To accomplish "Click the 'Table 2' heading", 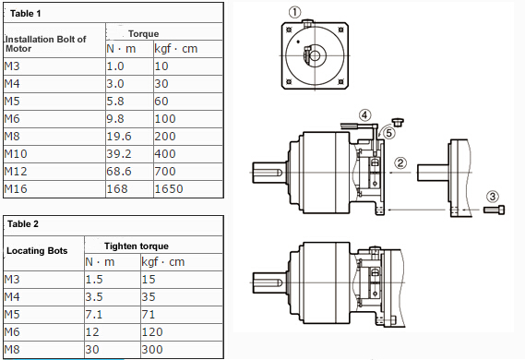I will click(x=24, y=223).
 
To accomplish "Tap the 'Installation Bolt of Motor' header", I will click(x=45, y=43).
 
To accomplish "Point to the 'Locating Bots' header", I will click(x=36, y=251).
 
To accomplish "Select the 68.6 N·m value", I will click(x=119, y=173).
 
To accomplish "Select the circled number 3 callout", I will click(x=493, y=196).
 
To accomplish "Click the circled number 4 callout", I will click(x=366, y=115).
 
